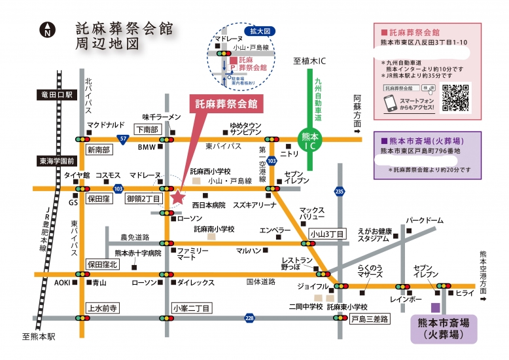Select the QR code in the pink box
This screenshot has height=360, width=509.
456,98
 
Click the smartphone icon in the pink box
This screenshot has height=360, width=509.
391,103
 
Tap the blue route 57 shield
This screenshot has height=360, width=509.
122,139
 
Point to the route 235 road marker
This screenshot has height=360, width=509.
338,190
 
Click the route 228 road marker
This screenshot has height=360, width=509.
249,318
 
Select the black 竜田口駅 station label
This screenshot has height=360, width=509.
58,95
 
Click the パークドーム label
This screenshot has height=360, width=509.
425,221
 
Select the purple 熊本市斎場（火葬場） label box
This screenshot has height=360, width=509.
444,330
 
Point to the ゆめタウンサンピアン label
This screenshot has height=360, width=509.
245,128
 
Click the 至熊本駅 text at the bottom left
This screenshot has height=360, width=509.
39,336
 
